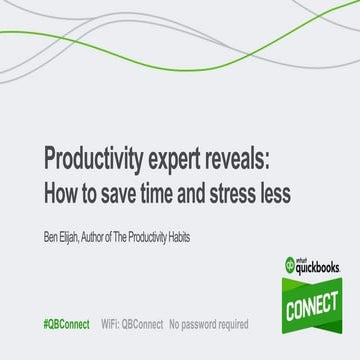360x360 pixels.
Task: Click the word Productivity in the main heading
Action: click(94, 161)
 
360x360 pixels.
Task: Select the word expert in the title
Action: click(185, 161)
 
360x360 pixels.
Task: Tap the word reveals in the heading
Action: click(254, 161)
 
